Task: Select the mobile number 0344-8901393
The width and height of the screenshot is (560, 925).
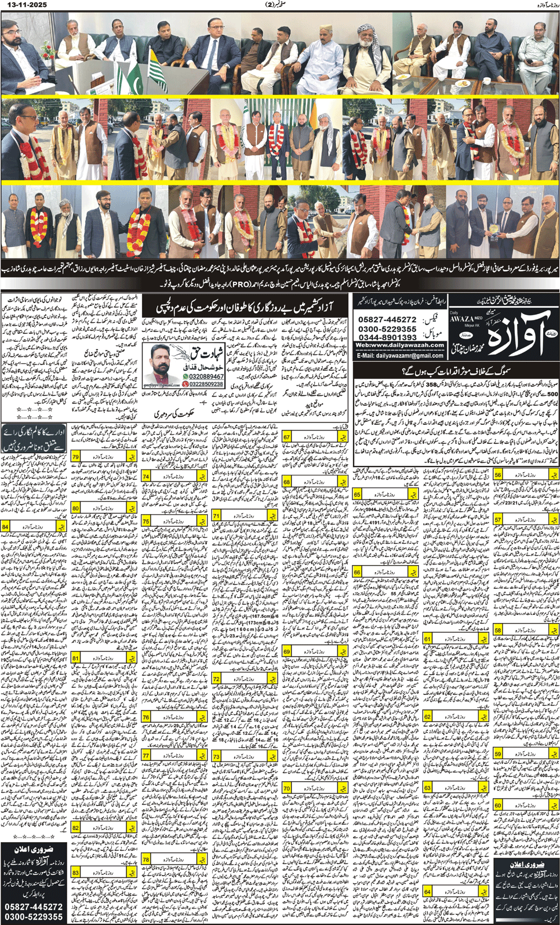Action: pos(387,337)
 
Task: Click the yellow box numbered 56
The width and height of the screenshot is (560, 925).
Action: pos(498,475)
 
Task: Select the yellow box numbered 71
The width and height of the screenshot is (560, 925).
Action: pos(216,515)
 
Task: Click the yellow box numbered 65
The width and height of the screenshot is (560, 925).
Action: pos(357,494)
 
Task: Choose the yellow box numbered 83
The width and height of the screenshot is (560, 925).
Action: pos(75,872)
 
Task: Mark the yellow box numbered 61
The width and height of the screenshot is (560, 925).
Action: pos(427,639)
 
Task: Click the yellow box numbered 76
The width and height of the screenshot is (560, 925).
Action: pos(146,717)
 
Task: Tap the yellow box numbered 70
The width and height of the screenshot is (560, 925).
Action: pos(287,788)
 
